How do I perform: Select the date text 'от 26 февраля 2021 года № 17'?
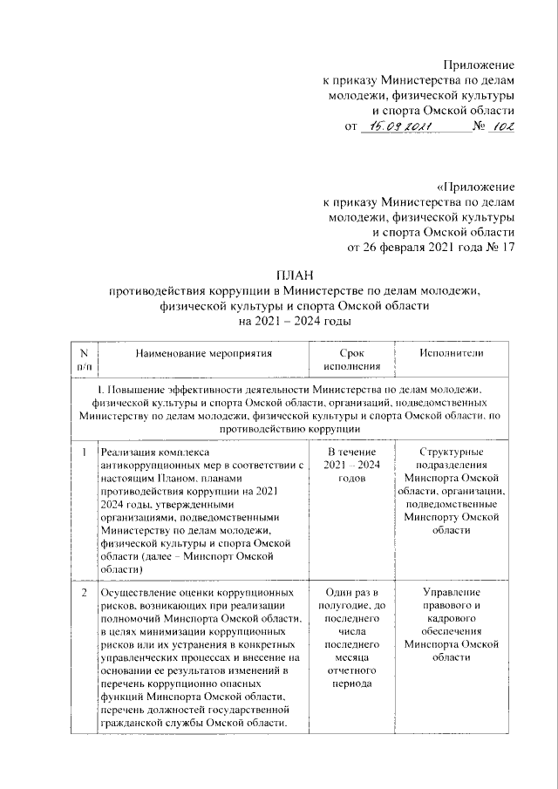tap(431, 248)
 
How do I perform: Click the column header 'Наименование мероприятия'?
tap(203, 353)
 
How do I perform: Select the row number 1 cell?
tap(84, 453)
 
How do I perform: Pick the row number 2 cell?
tap(84, 593)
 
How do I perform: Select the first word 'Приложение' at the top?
tap(479, 66)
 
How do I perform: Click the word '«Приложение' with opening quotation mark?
tap(475, 187)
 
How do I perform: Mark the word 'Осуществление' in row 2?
tap(139, 593)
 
